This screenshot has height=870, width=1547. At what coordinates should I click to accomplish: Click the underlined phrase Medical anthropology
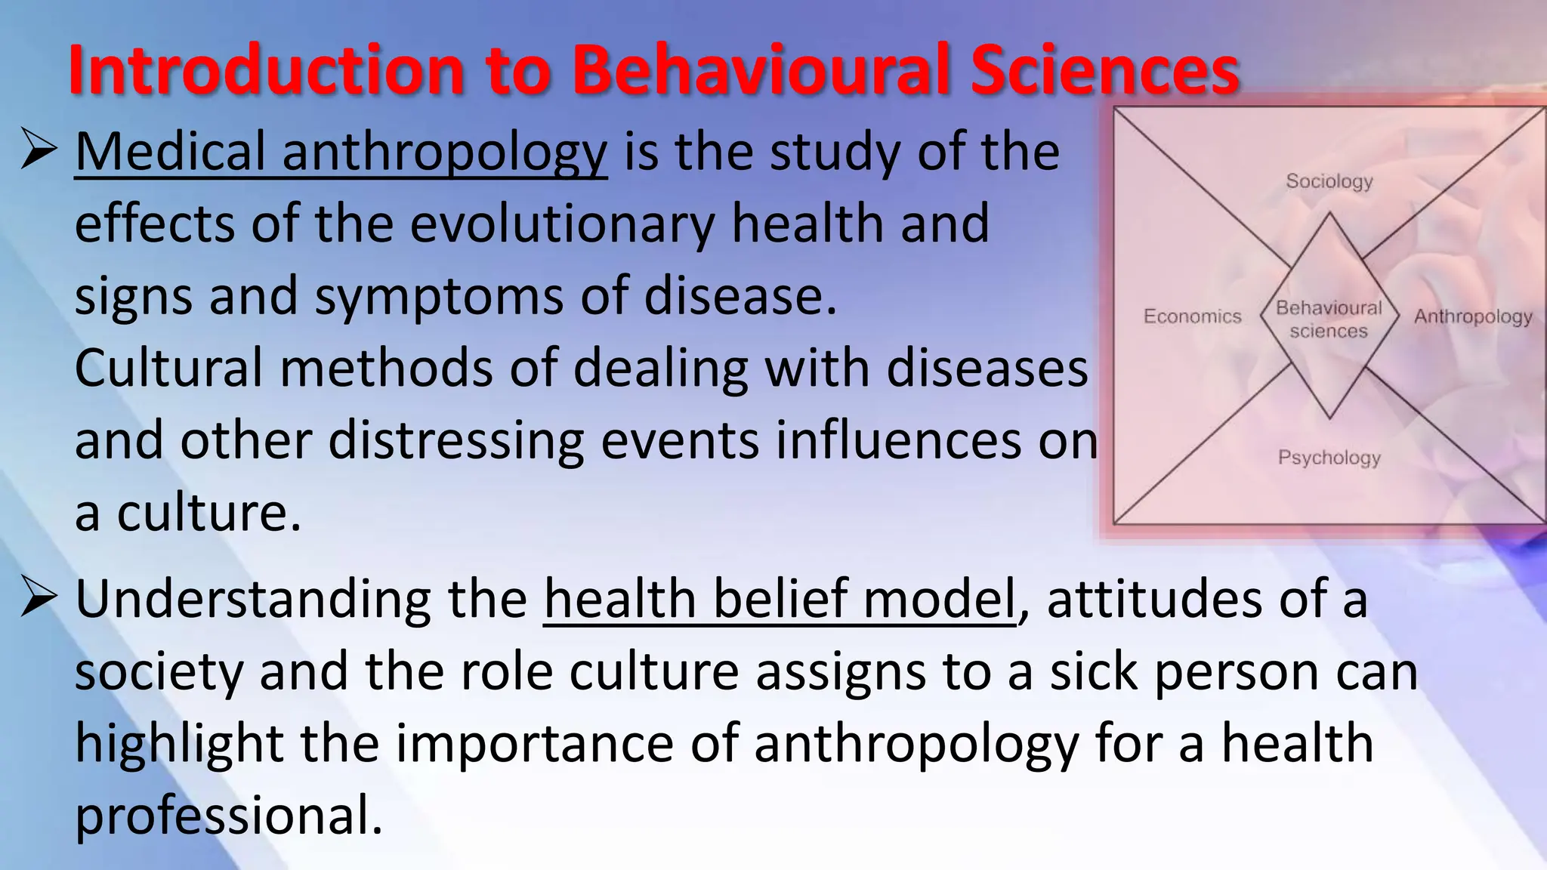(x=341, y=153)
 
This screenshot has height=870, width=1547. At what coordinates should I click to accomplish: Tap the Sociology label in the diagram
(x=1329, y=181)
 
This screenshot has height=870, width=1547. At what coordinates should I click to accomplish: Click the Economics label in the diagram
(x=1192, y=316)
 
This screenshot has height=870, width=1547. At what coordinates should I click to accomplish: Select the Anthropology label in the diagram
(x=1473, y=316)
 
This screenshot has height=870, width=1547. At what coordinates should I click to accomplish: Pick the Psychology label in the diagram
(x=1329, y=458)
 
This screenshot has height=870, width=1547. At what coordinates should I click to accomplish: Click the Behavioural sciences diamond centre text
(x=1329, y=319)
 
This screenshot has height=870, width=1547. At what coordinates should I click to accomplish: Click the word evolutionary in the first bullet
(x=562, y=224)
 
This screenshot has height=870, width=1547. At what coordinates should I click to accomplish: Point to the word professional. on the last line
(x=229, y=816)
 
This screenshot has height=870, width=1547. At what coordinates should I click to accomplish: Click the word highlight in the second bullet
(x=179, y=744)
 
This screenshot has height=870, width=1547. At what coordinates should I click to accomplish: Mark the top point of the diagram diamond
(x=1329, y=214)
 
